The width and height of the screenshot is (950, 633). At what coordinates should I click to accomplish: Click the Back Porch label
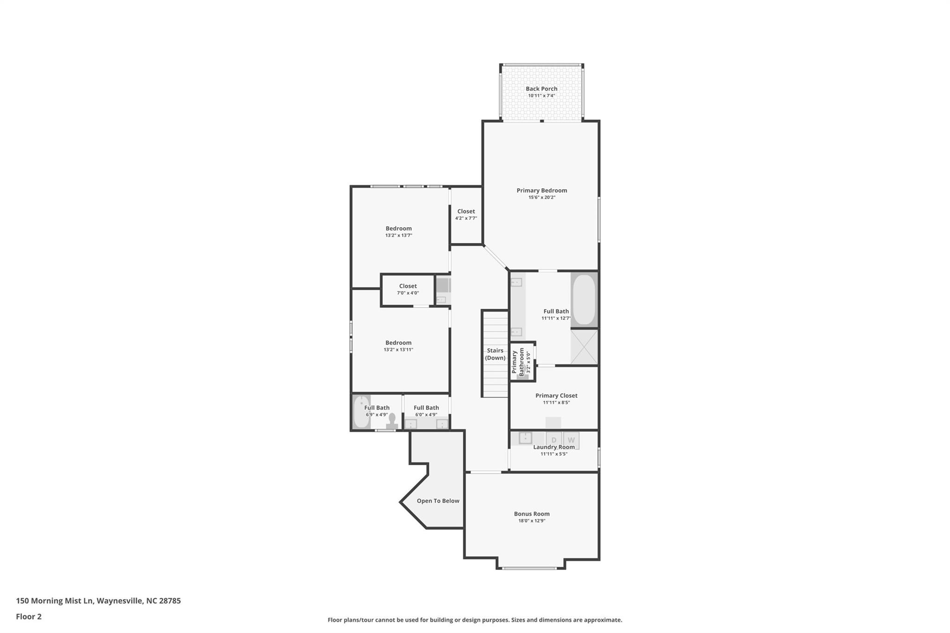tap(541, 89)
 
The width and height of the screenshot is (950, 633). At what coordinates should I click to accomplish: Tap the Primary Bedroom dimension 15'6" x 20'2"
tap(541, 198)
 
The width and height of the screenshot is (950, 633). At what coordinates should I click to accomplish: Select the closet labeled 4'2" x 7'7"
tap(466, 215)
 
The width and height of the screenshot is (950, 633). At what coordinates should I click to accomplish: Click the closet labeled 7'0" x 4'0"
tap(408, 289)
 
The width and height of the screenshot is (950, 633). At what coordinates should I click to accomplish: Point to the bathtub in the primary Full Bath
tap(584, 299)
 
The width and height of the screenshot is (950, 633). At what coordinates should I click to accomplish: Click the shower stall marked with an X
tap(584, 347)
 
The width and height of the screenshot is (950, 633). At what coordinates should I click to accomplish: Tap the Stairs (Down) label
tap(495, 354)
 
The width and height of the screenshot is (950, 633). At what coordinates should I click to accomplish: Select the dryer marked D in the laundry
tap(553, 439)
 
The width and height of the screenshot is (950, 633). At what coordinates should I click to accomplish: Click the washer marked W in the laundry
tap(571, 439)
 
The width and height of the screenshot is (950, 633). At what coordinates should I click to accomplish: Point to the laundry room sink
tap(525, 437)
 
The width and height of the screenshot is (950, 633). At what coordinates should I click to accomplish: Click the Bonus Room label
tap(532, 514)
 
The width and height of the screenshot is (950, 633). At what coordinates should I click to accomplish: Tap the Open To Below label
tap(437, 501)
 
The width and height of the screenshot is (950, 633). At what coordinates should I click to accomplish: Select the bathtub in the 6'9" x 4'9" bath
tap(361, 412)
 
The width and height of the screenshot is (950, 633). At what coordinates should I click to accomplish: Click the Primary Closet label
tap(556, 396)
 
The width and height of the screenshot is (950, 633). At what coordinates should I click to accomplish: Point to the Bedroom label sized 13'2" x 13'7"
tap(398, 228)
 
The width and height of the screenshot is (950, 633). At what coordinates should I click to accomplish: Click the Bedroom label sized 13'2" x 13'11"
tap(398, 343)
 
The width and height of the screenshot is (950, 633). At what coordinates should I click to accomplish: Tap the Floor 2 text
tap(29, 616)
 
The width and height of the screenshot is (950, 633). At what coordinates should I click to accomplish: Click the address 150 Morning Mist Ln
tap(98, 601)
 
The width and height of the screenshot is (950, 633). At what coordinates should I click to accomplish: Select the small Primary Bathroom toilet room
tap(522, 362)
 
